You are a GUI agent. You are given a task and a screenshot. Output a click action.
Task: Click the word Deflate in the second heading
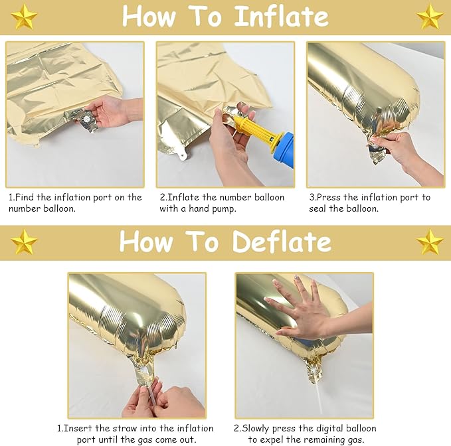click(282, 242)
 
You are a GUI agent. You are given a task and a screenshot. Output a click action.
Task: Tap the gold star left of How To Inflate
click(25, 17)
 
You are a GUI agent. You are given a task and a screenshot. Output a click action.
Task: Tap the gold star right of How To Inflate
click(430, 17)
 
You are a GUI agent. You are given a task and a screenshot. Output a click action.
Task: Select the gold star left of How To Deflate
click(25, 242)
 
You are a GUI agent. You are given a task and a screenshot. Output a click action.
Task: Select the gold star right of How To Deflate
click(430, 242)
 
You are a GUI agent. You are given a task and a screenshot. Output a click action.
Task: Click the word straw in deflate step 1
click(120, 429)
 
